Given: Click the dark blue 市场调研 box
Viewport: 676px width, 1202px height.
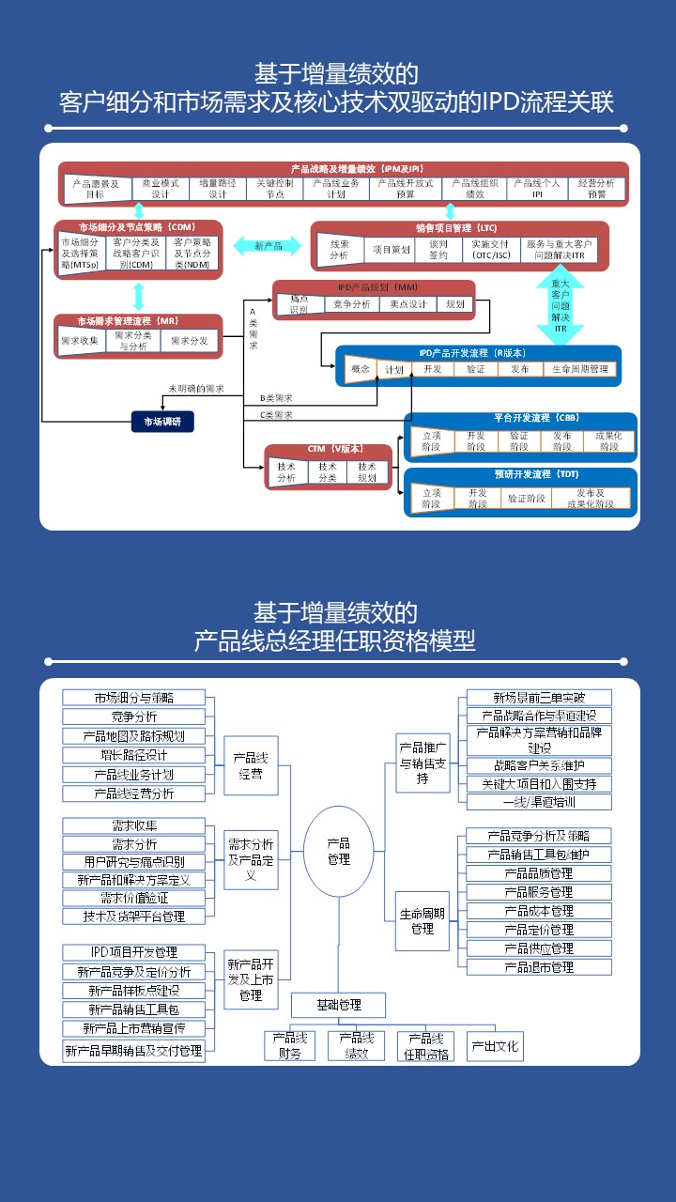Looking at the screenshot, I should pos(162,422).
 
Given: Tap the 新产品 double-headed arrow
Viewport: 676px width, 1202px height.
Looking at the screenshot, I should pos(268,246).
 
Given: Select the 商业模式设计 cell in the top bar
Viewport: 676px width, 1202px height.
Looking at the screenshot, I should pos(161,189).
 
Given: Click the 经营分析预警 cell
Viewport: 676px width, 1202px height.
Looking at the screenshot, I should pos(597,189).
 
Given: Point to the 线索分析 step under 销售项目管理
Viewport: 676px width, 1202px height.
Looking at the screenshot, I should pos(339,250).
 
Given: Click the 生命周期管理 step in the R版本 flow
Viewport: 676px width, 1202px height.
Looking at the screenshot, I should pos(580,369).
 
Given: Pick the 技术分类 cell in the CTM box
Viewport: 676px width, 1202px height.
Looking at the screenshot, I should pos(328,472).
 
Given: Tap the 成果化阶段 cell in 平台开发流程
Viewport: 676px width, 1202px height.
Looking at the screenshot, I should pos(609,441).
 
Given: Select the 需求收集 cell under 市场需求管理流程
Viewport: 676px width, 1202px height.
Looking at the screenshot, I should pos(80,340).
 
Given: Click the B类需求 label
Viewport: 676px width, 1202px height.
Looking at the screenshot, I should pos(276,397).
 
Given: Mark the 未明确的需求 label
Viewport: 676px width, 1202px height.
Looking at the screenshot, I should pos(196,388).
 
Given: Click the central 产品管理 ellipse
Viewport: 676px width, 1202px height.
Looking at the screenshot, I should pos(338,852).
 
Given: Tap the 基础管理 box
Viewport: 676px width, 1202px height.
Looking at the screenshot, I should pos(338,1005).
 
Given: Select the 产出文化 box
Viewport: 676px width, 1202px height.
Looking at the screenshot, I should pos(495,1046).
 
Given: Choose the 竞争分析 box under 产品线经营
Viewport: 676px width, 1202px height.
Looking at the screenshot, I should pos(133,717).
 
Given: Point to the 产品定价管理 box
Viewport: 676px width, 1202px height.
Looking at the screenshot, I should pos(539,930).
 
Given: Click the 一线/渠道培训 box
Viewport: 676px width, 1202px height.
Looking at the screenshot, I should pos(539,802).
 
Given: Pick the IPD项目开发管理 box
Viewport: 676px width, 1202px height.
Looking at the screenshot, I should pos(133,953).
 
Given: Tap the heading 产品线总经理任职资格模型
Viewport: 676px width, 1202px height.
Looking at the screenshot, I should pos(335,641).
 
